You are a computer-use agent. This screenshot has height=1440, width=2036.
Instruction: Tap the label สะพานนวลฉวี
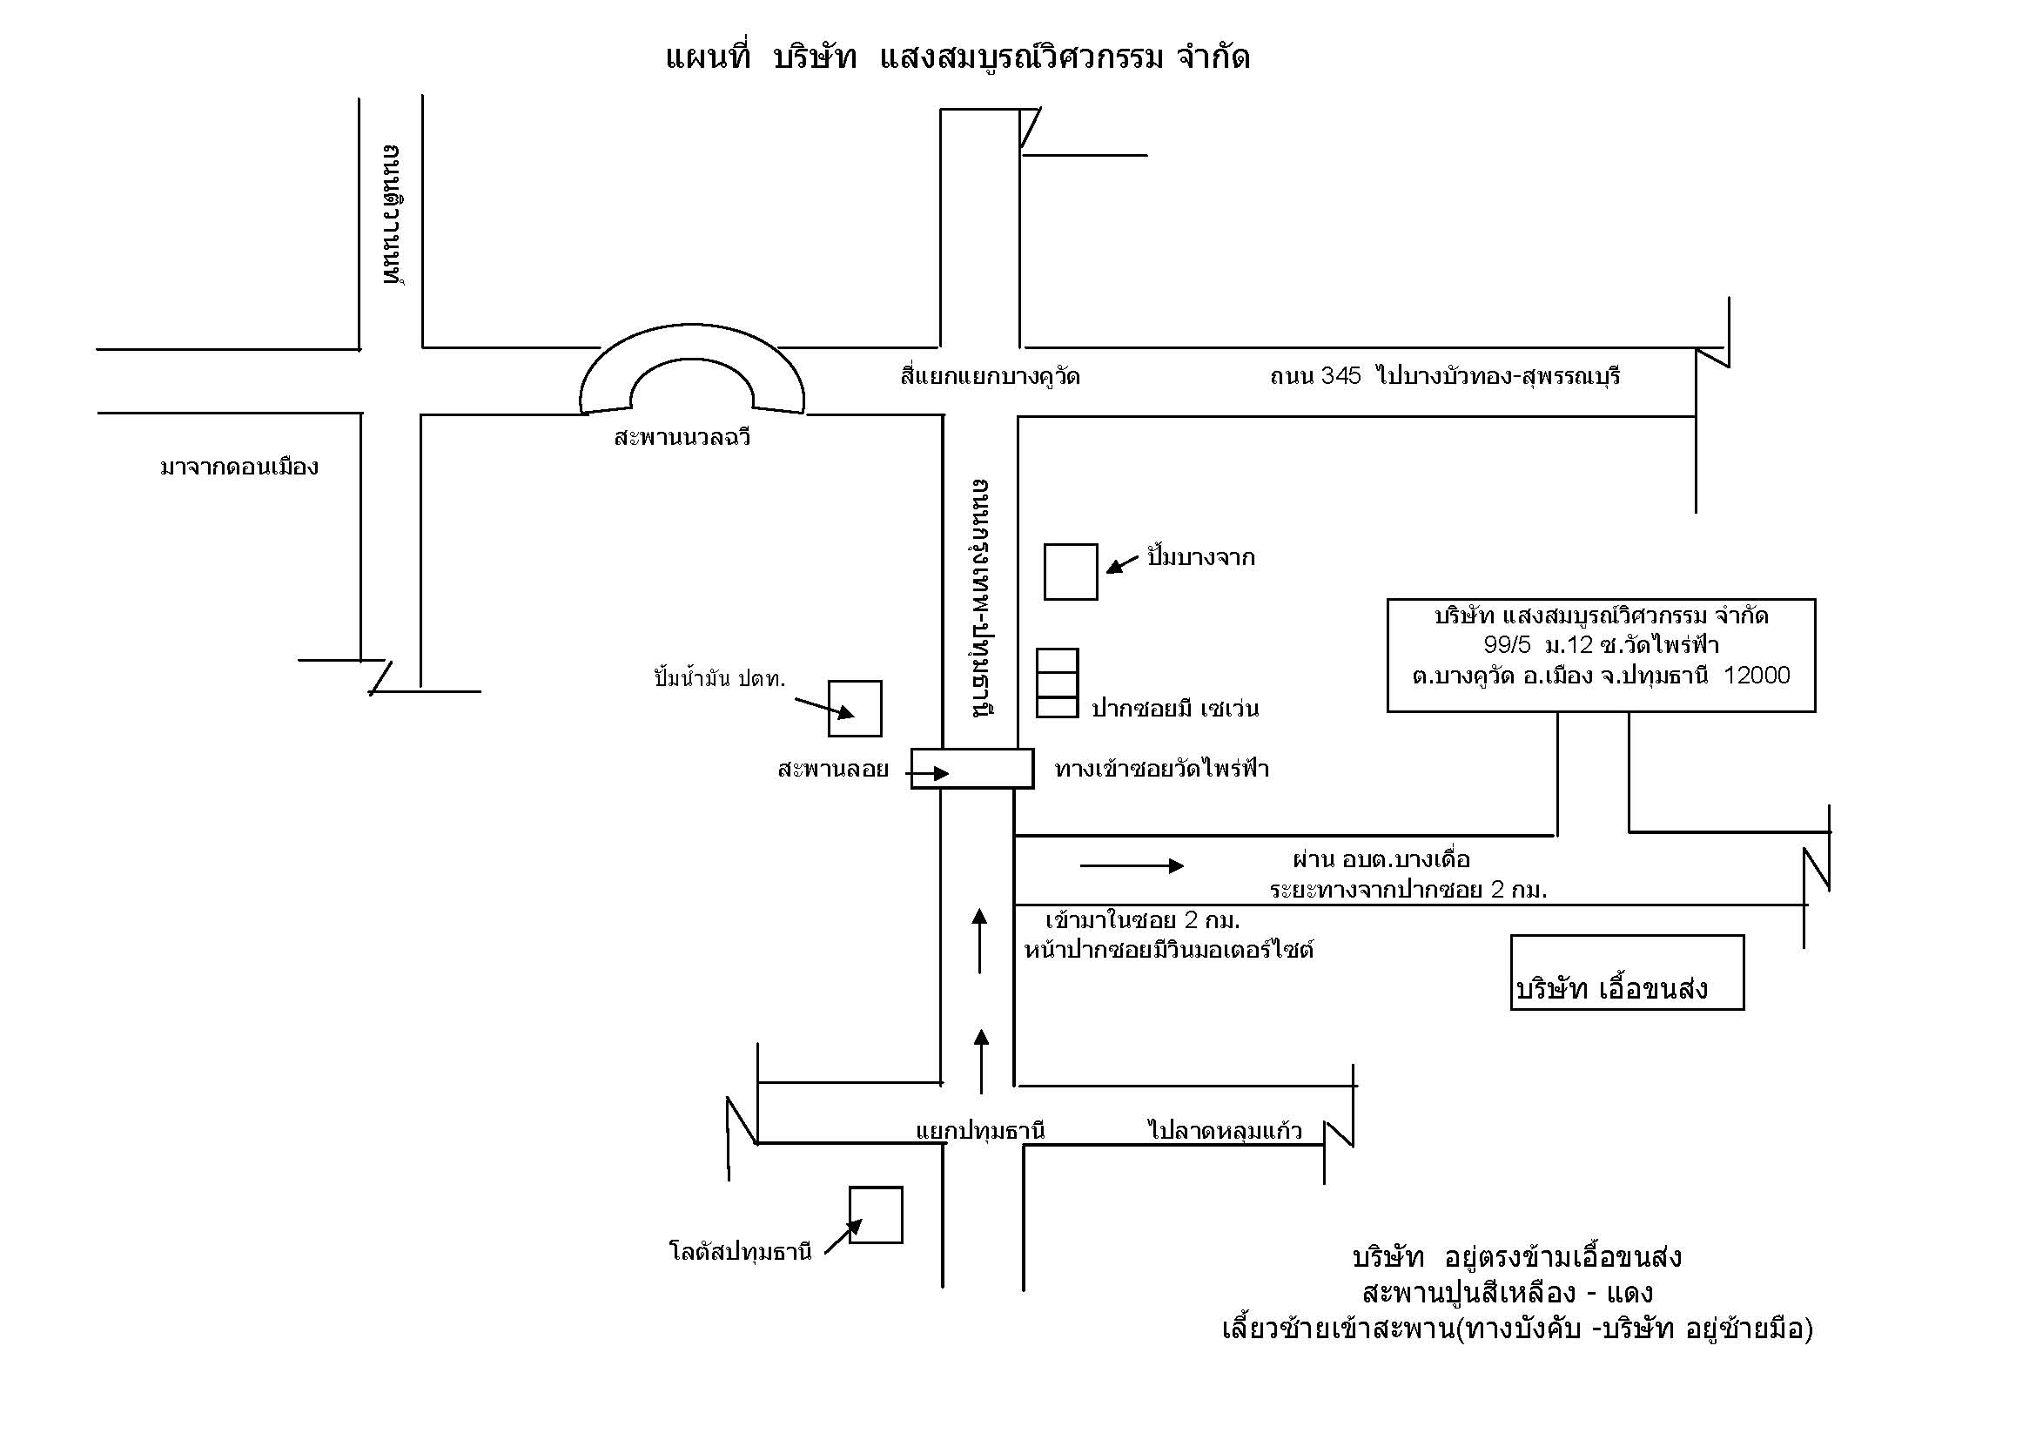tap(682, 438)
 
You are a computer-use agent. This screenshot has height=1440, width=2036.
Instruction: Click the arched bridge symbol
tap(692, 373)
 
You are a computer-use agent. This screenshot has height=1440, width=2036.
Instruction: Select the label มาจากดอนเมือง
tap(239, 468)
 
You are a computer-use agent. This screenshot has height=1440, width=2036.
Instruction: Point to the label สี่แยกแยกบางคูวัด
tap(990, 377)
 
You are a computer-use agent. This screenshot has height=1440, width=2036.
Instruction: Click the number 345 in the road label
tap(1340, 376)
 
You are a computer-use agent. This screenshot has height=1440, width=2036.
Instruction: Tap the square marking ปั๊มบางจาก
tap(1071, 572)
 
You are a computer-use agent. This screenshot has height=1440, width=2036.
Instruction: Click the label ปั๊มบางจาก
tap(1200, 558)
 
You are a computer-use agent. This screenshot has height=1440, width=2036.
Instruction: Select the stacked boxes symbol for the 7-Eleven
tap(1057, 683)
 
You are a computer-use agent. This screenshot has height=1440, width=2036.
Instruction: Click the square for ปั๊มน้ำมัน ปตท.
tap(855, 709)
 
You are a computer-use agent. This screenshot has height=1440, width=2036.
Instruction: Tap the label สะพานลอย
tap(833, 770)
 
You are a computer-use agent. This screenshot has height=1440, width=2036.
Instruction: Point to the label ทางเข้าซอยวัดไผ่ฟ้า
tap(1162, 769)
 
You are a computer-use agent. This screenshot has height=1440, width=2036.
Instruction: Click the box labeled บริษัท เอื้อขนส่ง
tap(1627, 972)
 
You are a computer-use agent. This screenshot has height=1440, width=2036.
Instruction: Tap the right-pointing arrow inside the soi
tap(1132, 865)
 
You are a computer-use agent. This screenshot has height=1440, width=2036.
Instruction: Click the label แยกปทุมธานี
tap(980, 1132)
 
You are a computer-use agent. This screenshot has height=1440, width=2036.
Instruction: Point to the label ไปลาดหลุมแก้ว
tap(1225, 1132)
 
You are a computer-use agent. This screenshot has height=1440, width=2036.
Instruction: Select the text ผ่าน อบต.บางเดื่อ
tap(1381, 859)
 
